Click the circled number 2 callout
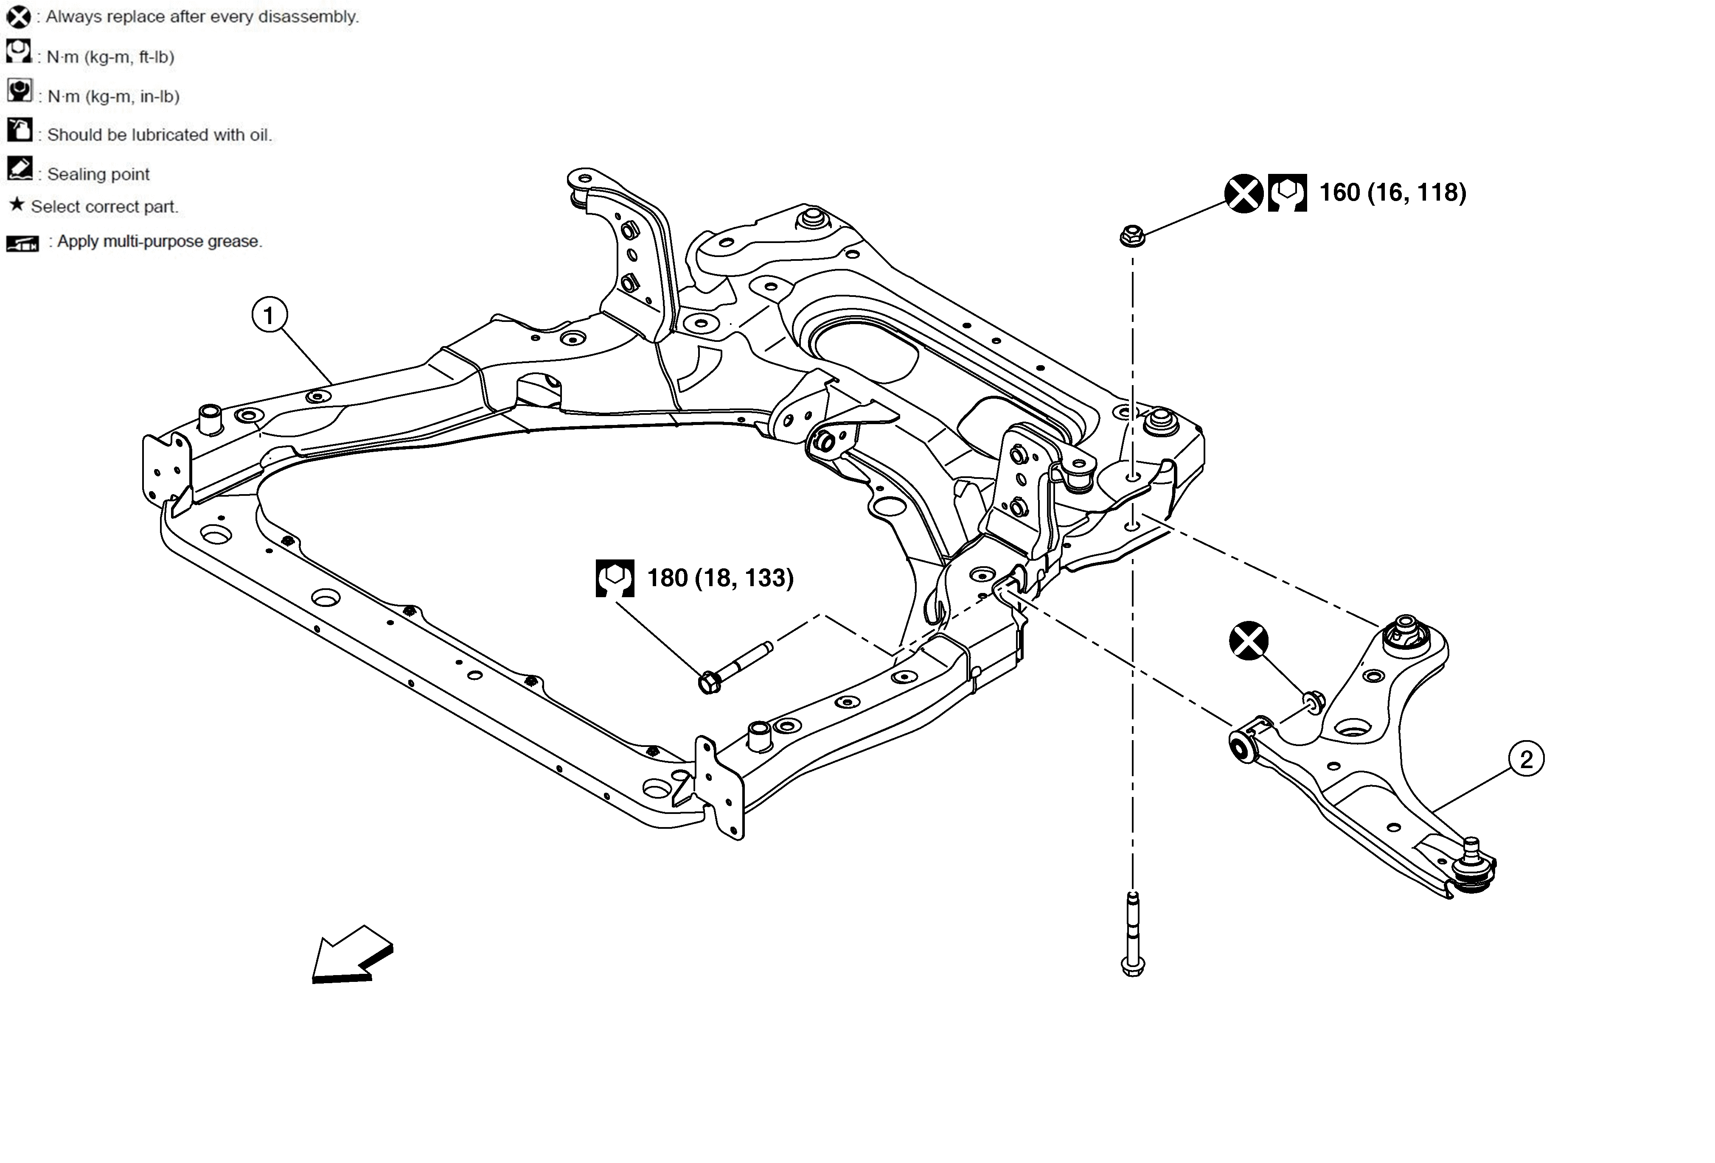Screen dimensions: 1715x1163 coord(1526,759)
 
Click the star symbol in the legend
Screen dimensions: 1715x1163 coord(16,204)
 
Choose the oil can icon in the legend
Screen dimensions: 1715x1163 coord(19,130)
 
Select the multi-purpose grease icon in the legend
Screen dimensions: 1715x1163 coord(22,243)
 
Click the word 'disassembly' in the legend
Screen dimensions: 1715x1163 coord(312,16)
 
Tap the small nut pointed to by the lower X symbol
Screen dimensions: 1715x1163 coord(1314,702)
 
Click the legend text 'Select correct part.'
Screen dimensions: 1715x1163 coord(104,207)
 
